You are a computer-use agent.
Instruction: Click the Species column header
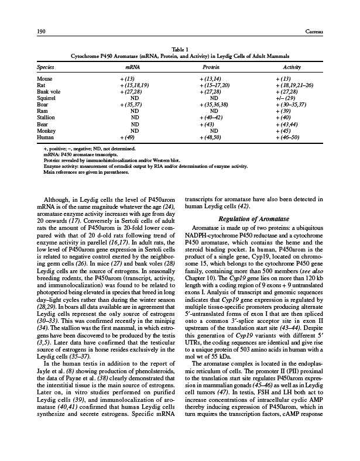pos(47,68)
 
